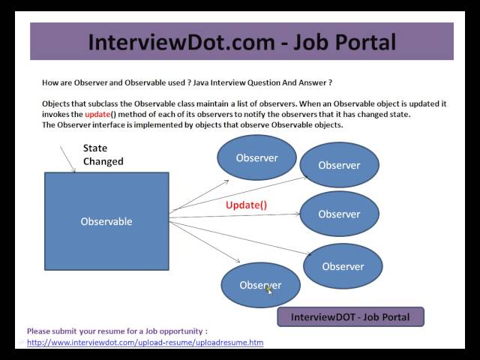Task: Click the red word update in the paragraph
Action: [x=97, y=115]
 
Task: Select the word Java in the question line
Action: [x=214, y=82]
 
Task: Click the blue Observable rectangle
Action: [x=106, y=221]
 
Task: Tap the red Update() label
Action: [x=246, y=205]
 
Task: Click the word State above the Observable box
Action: [x=95, y=148]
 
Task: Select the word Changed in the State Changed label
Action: [x=103, y=161]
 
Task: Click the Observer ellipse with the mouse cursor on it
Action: [x=259, y=285]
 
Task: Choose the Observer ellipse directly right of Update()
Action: [x=339, y=214]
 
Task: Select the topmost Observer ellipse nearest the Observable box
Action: [x=256, y=157]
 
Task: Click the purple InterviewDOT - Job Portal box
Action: [x=350, y=317]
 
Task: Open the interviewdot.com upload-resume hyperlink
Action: [x=145, y=343]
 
